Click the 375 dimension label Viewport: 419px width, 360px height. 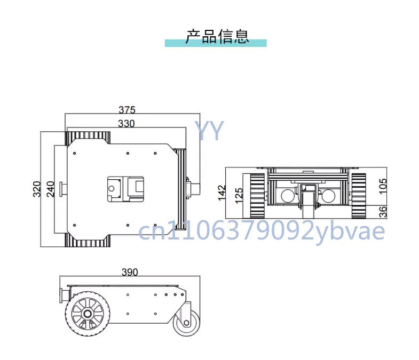127,110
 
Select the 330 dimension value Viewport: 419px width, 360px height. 126,124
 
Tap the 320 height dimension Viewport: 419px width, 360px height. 37,189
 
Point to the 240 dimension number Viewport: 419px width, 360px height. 51,189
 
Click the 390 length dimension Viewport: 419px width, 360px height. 130,272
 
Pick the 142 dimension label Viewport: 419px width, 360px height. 222,193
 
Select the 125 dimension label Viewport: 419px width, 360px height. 239,196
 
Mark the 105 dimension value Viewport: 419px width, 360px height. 383,186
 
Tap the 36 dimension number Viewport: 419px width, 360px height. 383,212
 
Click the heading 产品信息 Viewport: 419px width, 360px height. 217,36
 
